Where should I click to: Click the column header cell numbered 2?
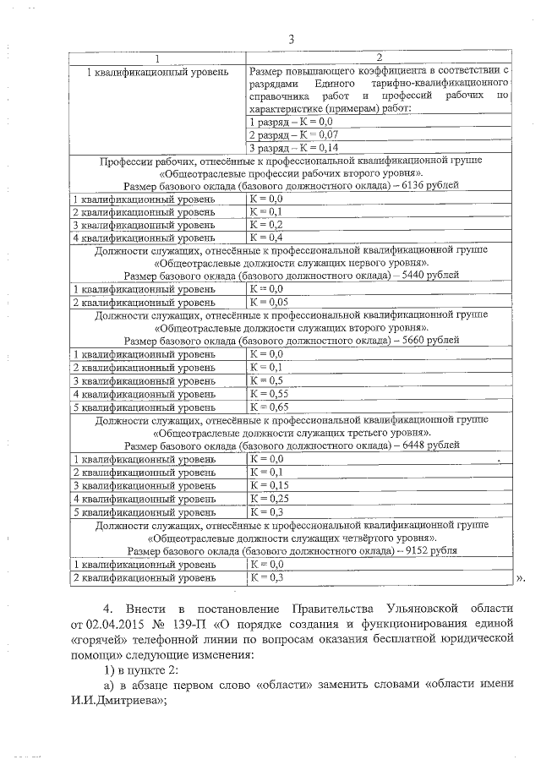click(x=378, y=57)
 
